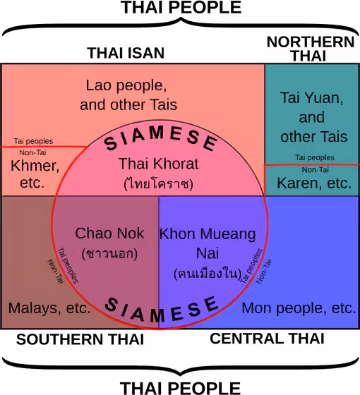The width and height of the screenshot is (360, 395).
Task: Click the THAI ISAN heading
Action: (126, 53)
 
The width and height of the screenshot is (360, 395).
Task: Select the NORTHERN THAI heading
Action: (311, 49)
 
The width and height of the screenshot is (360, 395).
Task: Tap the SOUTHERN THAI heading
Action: (80, 339)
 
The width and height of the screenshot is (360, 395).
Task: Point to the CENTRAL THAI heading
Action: (267, 339)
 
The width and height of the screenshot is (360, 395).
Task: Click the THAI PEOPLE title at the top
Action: (181, 7)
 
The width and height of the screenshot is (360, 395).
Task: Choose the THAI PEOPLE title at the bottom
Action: (180, 388)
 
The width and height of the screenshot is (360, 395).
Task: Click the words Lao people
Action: (126, 85)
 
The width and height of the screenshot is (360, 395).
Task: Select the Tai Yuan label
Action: (311, 98)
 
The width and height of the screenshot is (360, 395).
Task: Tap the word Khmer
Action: (35, 166)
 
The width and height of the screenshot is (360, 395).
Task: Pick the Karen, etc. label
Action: (314, 183)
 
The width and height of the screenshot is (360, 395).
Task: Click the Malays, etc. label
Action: (49, 308)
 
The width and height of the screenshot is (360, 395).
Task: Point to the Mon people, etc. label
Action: (299, 308)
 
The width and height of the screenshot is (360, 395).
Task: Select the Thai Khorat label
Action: (159, 164)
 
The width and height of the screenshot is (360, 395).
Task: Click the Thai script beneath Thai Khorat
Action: (159, 183)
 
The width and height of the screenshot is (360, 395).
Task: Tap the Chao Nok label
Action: (109, 233)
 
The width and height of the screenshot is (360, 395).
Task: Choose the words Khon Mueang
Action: (208, 234)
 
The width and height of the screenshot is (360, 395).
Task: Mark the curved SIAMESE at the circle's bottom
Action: (162, 310)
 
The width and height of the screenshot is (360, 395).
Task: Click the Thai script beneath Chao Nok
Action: (109, 253)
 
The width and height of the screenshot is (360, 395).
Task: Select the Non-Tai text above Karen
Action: (316, 170)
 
